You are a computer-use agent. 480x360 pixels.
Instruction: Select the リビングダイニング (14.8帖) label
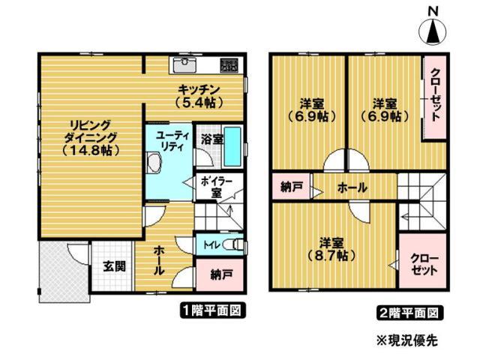point(91,137)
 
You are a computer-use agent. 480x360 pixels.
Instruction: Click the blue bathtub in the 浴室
point(232,147)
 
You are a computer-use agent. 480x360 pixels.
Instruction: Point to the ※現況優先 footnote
point(406,339)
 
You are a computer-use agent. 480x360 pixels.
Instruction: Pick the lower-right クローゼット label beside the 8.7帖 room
point(420,263)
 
